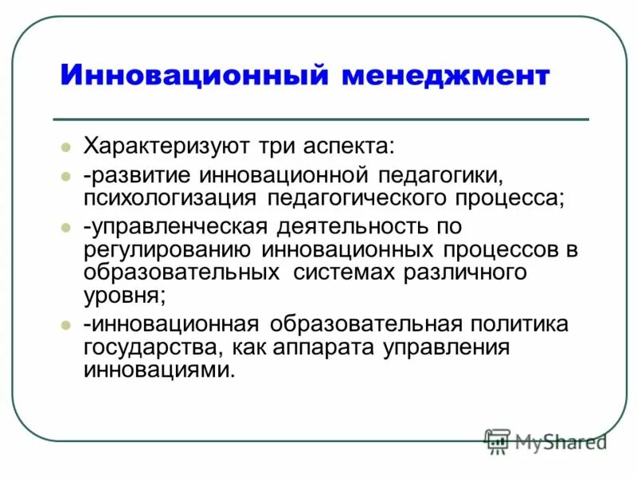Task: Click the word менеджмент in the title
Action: click(445, 76)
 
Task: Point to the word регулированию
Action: click(166, 249)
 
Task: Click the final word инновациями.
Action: click(159, 370)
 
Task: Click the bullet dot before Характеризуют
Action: click(67, 147)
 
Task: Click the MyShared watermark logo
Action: click(545, 441)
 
